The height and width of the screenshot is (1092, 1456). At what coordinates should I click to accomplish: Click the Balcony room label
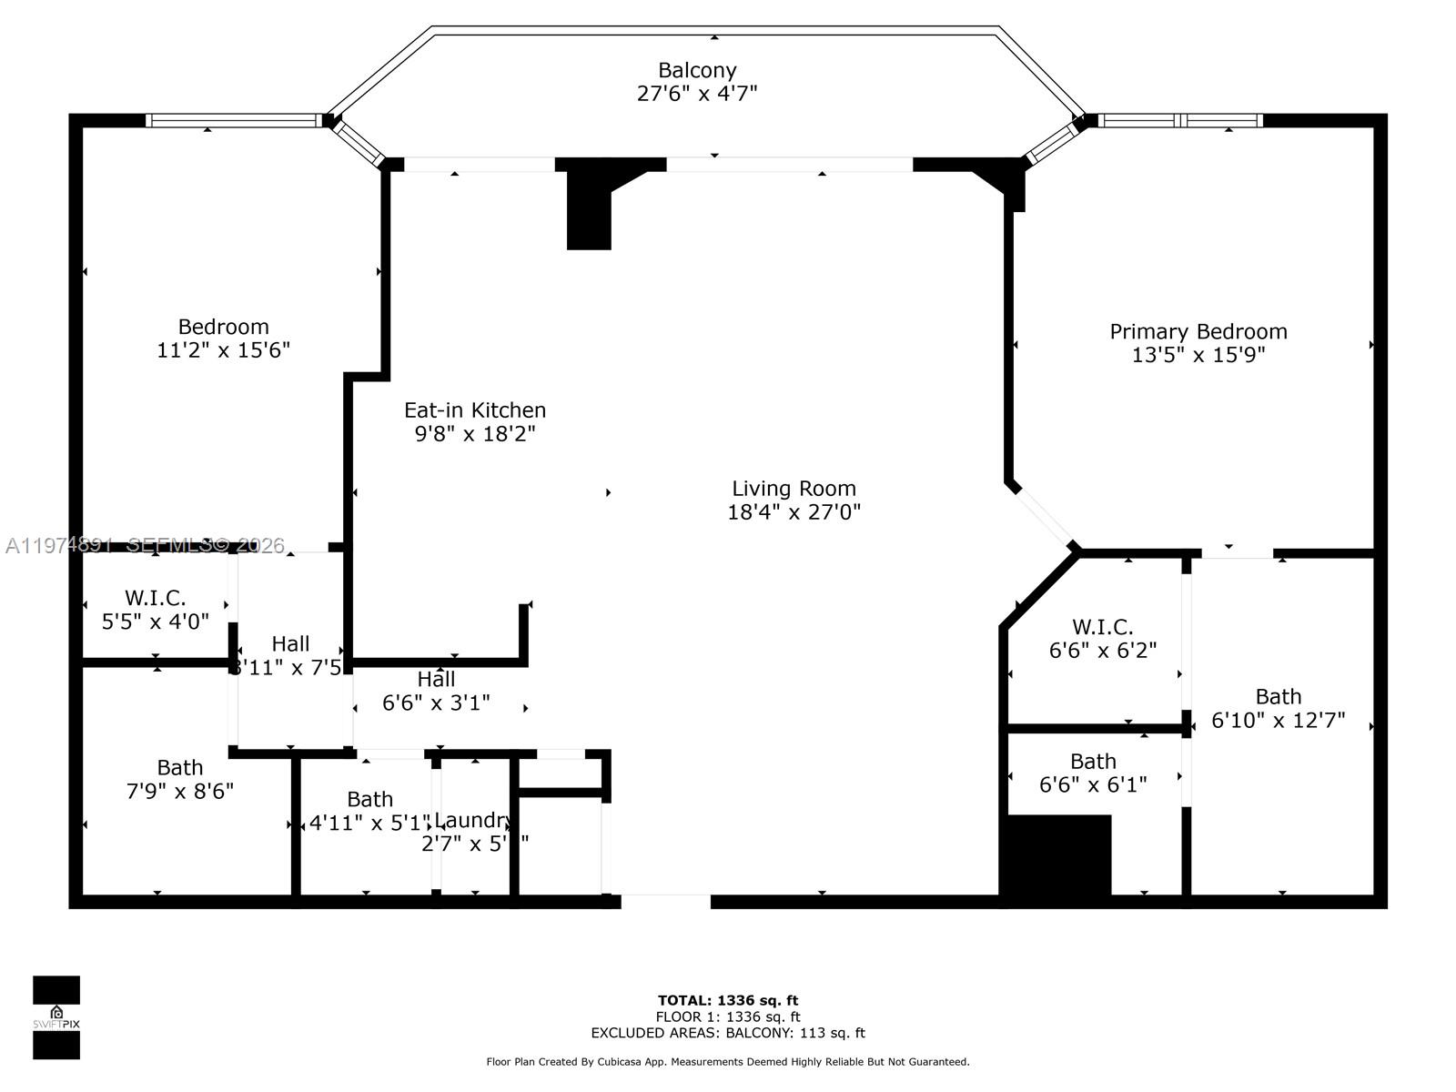tap(697, 70)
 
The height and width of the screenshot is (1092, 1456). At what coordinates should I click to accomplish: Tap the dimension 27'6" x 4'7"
tap(697, 93)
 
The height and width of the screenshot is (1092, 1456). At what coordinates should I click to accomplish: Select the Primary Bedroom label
tap(1198, 331)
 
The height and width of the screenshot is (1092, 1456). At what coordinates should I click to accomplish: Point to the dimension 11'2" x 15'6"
tap(223, 350)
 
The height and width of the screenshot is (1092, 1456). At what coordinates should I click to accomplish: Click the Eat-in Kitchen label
tap(475, 410)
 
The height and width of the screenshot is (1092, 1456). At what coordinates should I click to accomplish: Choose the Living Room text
tap(794, 489)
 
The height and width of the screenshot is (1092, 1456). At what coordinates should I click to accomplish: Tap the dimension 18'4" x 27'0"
tap(794, 512)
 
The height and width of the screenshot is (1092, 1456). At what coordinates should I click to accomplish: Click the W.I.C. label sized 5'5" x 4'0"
tap(155, 598)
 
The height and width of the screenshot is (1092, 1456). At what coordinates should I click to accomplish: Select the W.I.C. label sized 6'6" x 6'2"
tap(1102, 627)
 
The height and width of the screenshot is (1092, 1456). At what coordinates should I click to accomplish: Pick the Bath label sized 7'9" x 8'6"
tap(179, 767)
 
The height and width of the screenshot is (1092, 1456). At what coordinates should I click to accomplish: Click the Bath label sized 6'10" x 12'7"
tap(1278, 697)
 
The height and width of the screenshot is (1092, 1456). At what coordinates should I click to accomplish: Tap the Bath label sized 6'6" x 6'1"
tap(1092, 762)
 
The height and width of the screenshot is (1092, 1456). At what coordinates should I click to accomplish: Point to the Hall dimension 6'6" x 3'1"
tap(436, 703)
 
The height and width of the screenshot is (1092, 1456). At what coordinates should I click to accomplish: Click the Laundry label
tap(472, 820)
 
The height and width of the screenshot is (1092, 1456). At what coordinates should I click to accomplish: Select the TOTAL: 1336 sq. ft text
tap(728, 1001)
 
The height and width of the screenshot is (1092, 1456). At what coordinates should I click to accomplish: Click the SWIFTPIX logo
tap(56, 1017)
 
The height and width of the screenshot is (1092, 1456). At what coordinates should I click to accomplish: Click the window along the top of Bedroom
tap(234, 120)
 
